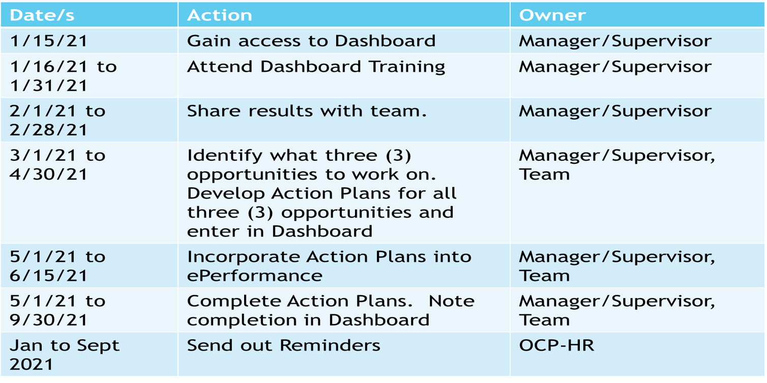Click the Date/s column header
click(x=42, y=15)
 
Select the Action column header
click(x=220, y=15)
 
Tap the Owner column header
click(x=552, y=15)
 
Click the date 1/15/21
click(x=49, y=41)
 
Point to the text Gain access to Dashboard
click(x=311, y=41)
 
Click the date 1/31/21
click(x=49, y=85)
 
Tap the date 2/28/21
click(x=49, y=130)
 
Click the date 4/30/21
click(x=49, y=174)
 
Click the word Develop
click(x=226, y=194)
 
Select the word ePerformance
click(x=255, y=276)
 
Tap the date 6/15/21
click(x=49, y=276)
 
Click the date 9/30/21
click(x=49, y=320)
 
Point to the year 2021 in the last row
click(x=32, y=365)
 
